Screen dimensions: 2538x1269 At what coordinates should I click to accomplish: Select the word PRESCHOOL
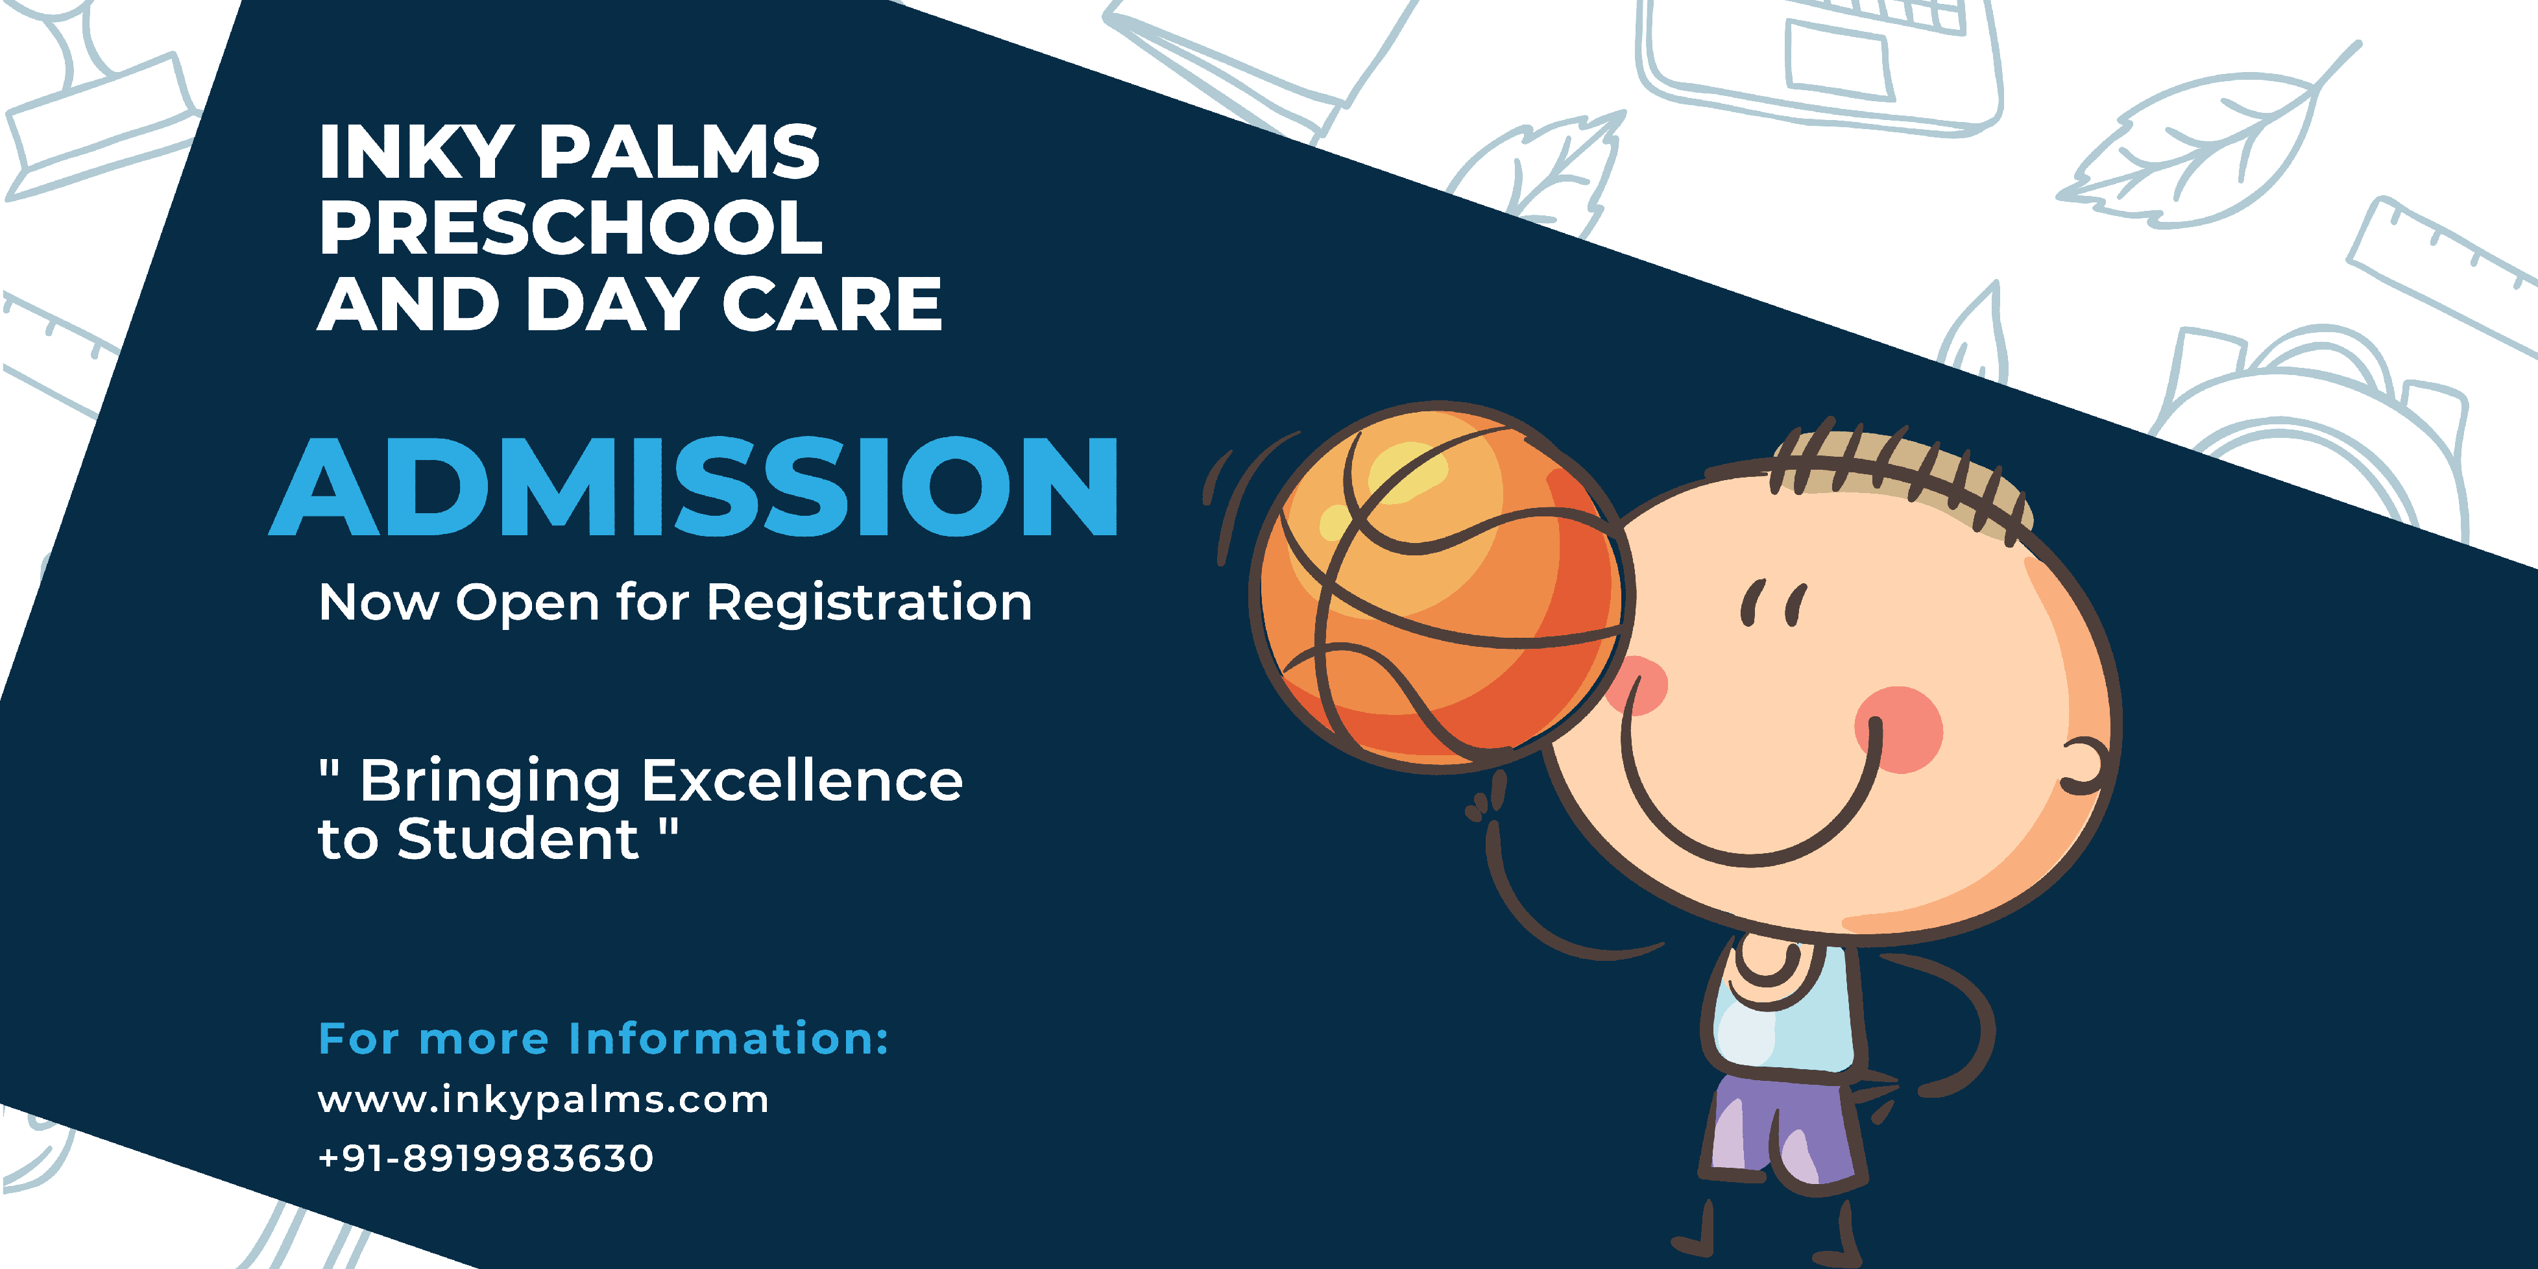570,228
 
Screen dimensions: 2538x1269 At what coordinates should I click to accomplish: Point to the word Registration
869,603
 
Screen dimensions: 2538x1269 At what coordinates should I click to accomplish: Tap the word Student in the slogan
518,840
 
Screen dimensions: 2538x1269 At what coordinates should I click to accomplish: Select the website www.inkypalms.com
543,1100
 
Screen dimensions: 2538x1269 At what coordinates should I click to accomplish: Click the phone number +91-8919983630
486,1159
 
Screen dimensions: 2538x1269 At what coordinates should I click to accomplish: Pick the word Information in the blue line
729,1039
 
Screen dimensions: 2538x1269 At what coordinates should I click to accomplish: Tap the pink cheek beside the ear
1898,729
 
